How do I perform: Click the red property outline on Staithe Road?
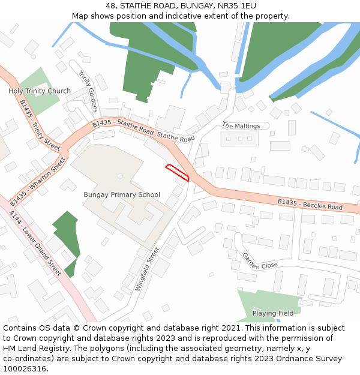178,172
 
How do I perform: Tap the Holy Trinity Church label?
40,91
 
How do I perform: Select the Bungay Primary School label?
122,194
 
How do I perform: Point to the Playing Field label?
273,313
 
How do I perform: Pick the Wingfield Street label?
148,269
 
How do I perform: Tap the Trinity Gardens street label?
88,92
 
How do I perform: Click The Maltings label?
241,126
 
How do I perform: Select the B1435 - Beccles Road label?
310,204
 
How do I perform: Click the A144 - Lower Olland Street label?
35,242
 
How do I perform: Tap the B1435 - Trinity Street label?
40,125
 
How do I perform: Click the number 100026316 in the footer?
24,368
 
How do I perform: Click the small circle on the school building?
120,176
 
